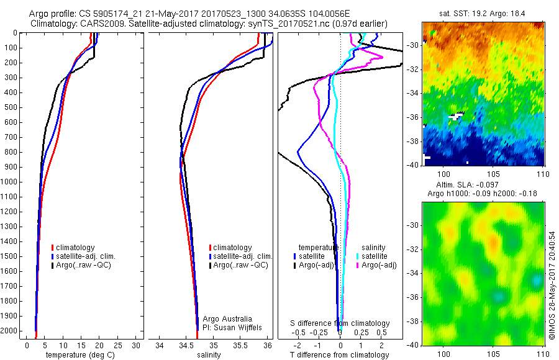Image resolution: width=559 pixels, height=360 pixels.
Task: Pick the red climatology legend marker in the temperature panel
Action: (53, 248)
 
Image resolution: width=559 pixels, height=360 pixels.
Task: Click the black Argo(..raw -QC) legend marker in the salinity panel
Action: (210, 265)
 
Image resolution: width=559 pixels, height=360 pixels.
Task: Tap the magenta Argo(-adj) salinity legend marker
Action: (358, 265)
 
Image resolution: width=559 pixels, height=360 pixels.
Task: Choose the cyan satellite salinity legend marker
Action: (358, 256)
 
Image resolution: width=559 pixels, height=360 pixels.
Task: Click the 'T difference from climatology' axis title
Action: (339, 355)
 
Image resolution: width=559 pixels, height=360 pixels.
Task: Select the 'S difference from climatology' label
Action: (340, 323)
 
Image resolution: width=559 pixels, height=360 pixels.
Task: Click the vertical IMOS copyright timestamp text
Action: (552, 285)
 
